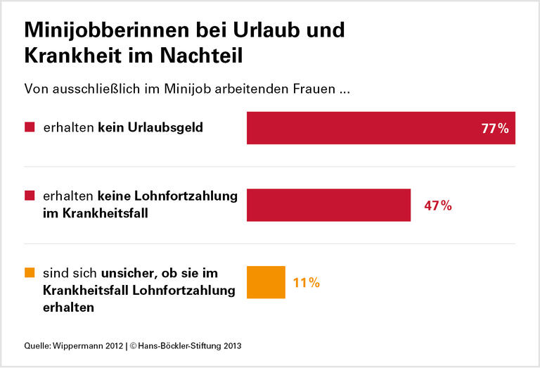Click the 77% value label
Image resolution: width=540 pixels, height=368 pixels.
[494, 128]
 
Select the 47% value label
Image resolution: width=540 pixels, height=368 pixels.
[437, 206]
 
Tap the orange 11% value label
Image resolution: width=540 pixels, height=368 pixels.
[306, 283]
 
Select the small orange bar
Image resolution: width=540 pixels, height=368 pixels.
[266, 282]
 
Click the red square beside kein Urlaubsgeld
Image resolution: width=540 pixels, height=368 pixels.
[30, 128]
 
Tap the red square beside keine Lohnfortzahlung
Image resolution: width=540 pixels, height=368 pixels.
[30, 195]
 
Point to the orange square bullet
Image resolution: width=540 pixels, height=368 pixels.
[30, 272]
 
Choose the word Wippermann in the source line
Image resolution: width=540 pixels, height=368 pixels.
[77, 345]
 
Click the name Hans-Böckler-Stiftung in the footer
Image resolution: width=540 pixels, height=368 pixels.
[187, 345]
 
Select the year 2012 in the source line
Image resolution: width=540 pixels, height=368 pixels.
[112, 345]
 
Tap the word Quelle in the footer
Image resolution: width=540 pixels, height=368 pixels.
[37, 345]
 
